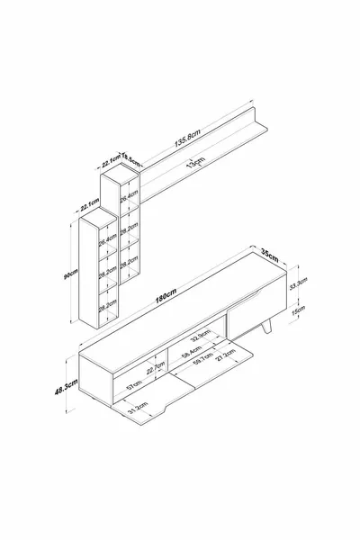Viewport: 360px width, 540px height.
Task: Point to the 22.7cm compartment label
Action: (x=153, y=369)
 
